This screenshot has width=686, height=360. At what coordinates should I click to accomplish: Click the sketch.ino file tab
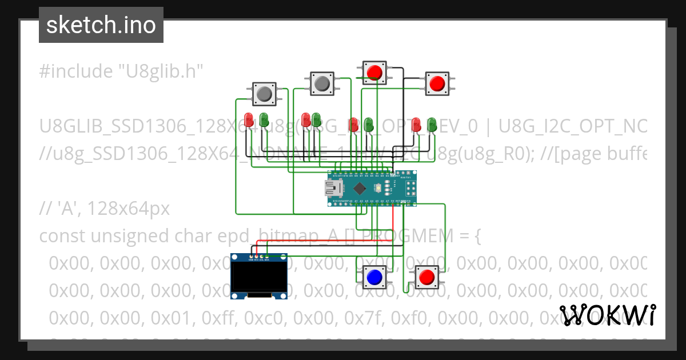101,25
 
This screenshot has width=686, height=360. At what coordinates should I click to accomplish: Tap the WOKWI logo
607,314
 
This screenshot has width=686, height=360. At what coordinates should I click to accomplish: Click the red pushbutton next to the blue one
426,277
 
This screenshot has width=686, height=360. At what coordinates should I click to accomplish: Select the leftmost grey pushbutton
264,94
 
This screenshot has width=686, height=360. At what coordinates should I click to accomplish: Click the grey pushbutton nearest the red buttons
322,83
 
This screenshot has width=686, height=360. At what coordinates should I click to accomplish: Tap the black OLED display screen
259,277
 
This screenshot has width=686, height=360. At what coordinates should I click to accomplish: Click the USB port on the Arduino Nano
333,187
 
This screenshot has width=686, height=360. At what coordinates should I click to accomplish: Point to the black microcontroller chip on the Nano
360,188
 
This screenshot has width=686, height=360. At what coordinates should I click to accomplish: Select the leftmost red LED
249,119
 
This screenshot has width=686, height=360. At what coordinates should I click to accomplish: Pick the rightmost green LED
433,123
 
